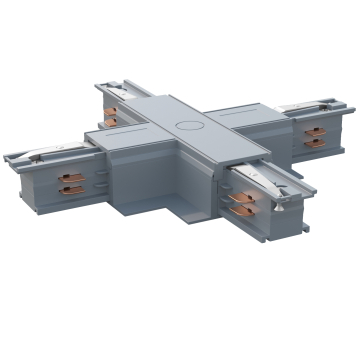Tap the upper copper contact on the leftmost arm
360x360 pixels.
(69, 181)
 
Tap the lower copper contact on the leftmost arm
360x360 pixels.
(69, 192)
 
